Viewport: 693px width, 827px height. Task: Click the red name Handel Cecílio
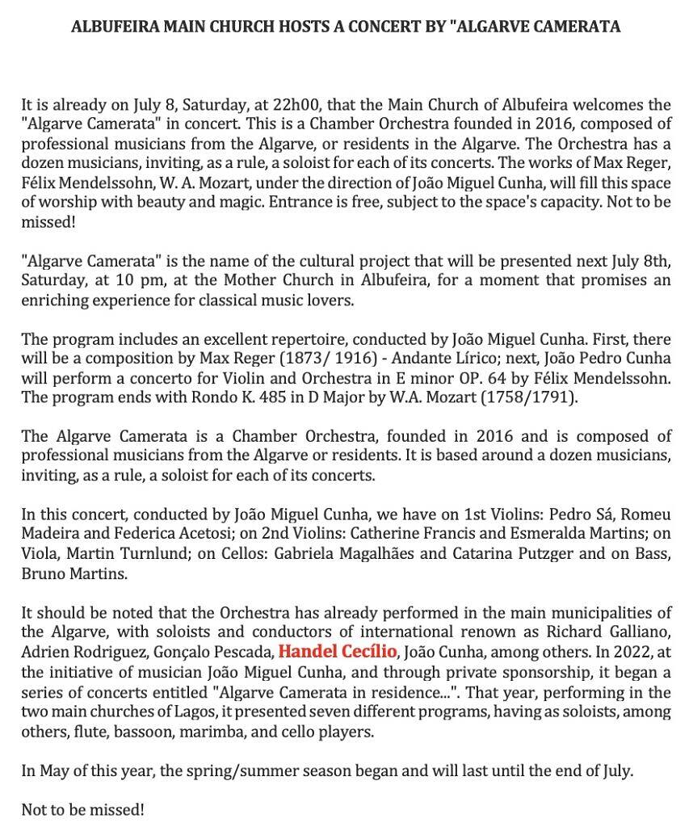(338, 652)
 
